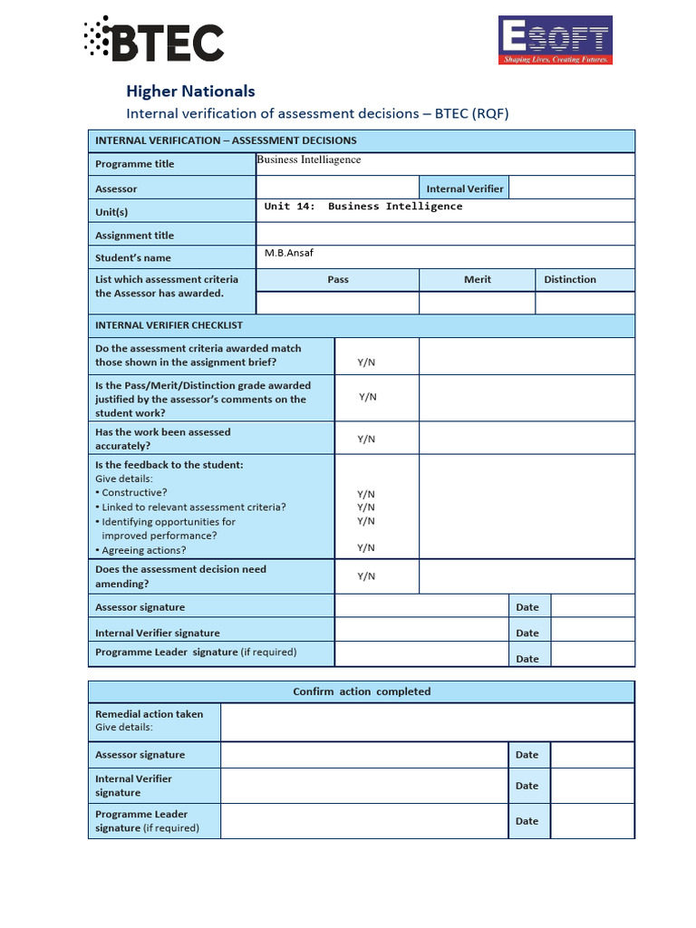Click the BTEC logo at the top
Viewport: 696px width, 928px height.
pyautogui.click(x=154, y=40)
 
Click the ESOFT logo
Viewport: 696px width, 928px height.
pyautogui.click(x=555, y=41)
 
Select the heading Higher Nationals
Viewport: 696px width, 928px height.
pyautogui.click(x=190, y=91)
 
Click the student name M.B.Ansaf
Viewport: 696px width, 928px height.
pyautogui.click(x=289, y=253)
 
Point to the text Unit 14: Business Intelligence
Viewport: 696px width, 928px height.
pyautogui.click(x=362, y=207)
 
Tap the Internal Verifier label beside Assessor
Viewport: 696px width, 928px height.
pyautogui.click(x=465, y=188)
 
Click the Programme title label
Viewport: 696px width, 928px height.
pyautogui.click(x=135, y=164)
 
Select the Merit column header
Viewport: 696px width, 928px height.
pyautogui.click(x=477, y=279)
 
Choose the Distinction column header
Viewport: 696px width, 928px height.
pyautogui.click(x=570, y=279)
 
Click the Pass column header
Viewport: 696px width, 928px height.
pyautogui.click(x=338, y=279)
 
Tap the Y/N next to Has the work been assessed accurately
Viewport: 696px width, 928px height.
pyautogui.click(x=366, y=439)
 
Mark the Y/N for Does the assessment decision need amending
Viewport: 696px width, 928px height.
pyautogui.click(x=366, y=576)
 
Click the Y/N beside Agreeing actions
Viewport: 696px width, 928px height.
pyautogui.click(x=366, y=547)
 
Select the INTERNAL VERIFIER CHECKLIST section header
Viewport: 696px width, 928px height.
pyautogui.click(x=169, y=325)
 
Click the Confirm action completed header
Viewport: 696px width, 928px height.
pyautogui.click(x=362, y=691)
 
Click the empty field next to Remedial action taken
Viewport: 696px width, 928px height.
pyautogui.click(x=427, y=721)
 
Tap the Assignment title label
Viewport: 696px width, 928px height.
pyautogui.click(x=135, y=236)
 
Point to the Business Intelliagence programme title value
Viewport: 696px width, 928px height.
pyautogui.click(x=309, y=159)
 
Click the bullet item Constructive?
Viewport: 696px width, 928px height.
pyautogui.click(x=134, y=493)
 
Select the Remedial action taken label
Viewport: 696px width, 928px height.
pyautogui.click(x=150, y=714)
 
